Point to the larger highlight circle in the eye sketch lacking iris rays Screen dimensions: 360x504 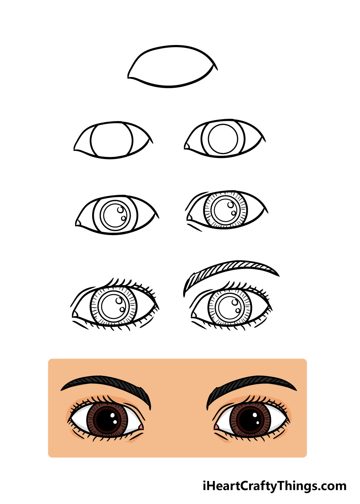[x=120, y=210]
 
